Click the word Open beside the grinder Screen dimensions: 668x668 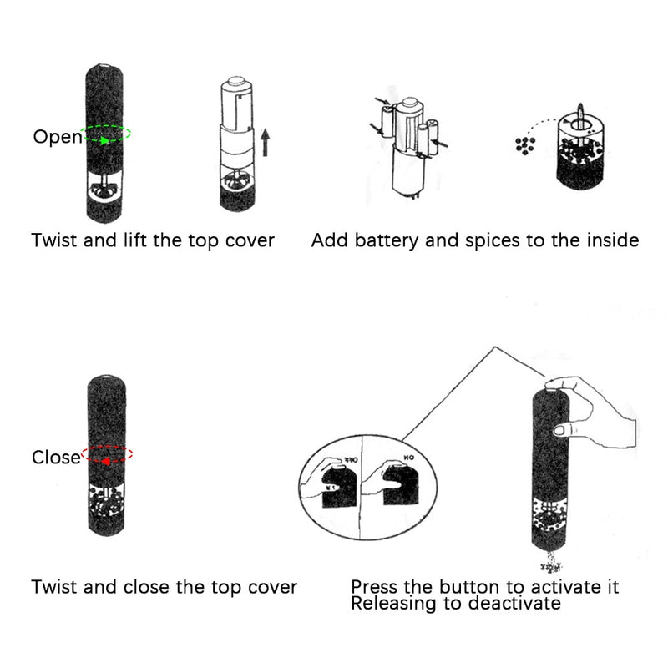(x=57, y=137)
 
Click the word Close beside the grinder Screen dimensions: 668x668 (x=55, y=457)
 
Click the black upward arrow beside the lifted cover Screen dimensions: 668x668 (x=265, y=142)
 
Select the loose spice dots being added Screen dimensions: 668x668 (x=524, y=145)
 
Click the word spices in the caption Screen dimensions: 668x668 (x=493, y=241)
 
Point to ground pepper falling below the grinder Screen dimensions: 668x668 (x=550, y=560)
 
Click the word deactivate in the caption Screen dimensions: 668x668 (x=515, y=603)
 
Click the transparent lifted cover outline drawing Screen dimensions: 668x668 (x=239, y=117)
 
